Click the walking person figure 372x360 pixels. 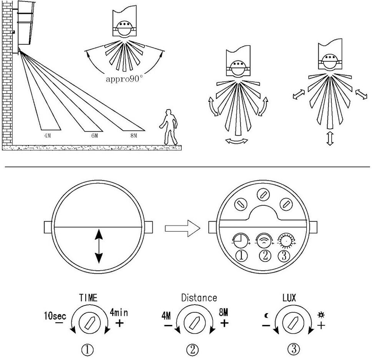[x=168, y=127]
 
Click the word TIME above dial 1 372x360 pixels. [x=88, y=298]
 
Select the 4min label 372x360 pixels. [x=119, y=312]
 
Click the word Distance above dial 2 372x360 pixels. [x=199, y=298]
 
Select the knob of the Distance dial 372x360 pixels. [x=193, y=322]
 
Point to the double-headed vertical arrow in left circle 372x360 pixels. [x=99, y=246]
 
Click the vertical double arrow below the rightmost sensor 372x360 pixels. [x=329, y=138]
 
